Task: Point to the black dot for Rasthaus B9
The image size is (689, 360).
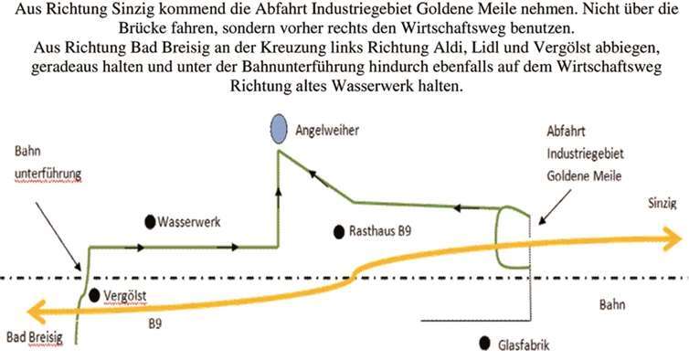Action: click(x=339, y=232)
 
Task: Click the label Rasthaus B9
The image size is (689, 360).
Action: click(x=380, y=232)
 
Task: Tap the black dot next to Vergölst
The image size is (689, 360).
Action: click(x=95, y=294)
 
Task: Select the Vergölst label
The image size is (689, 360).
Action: click(x=125, y=295)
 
